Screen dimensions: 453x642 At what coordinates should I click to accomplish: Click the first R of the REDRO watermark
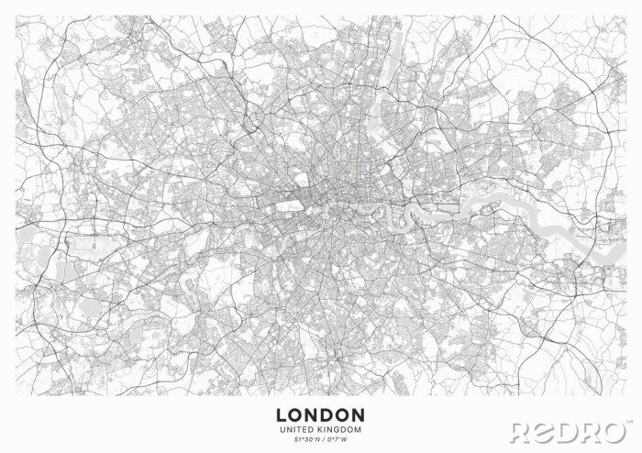(523, 431)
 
